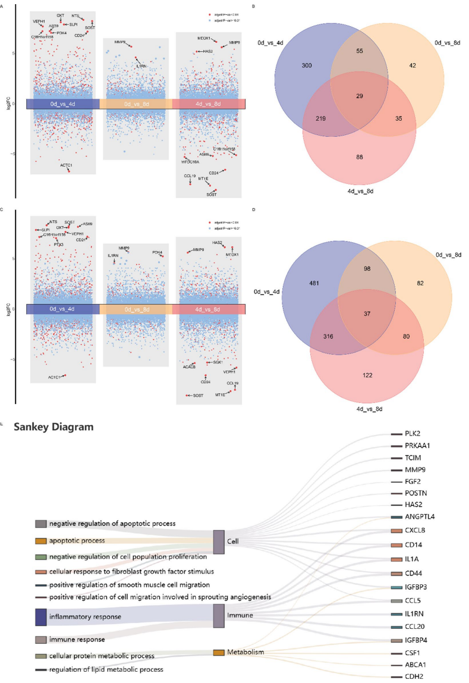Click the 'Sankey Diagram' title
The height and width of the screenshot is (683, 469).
pyautogui.click(x=53, y=427)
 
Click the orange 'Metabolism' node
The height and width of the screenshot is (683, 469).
pyautogui.click(x=219, y=653)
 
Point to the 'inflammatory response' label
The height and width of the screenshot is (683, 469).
pyautogui.click(x=85, y=616)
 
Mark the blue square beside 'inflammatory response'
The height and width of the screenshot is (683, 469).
pyautogui.click(x=41, y=616)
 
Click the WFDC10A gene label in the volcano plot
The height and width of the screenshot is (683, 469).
pyautogui.click(x=191, y=162)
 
